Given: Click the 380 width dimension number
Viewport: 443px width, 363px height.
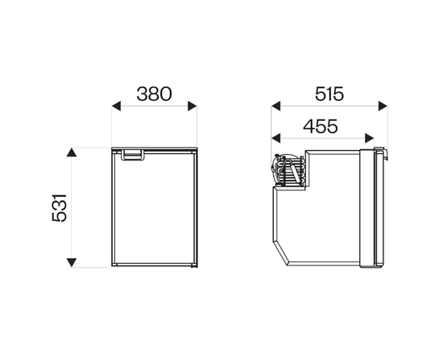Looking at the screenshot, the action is click(x=154, y=94).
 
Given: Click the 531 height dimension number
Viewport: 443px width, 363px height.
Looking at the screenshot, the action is click(x=60, y=208).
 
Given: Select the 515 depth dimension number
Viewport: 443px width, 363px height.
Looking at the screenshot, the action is click(x=329, y=94).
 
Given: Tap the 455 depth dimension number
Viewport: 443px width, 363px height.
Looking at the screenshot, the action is click(x=321, y=126).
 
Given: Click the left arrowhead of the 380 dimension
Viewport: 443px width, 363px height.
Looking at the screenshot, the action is click(x=116, y=106).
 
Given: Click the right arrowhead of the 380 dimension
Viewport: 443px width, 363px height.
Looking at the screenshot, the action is click(x=193, y=106).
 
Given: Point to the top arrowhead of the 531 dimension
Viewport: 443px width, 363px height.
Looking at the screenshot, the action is click(x=72, y=152).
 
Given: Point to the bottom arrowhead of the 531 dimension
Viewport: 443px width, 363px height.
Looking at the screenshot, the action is click(x=72, y=262).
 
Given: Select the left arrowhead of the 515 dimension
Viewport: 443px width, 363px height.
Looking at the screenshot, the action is click(x=275, y=106).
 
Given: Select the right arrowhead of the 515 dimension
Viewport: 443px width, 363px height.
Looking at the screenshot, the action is click(x=383, y=106).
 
